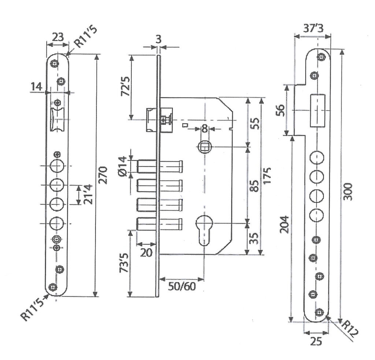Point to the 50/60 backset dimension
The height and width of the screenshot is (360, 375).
coord(182,286)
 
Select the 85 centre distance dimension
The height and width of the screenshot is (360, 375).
coord(255,185)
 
